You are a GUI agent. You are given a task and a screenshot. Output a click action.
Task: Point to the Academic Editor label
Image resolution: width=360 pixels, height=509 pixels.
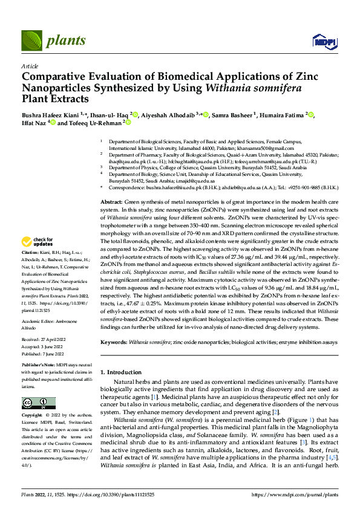[x=41, y=322]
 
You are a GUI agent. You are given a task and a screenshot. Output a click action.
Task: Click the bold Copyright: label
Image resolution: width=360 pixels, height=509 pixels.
[x=33, y=417]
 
